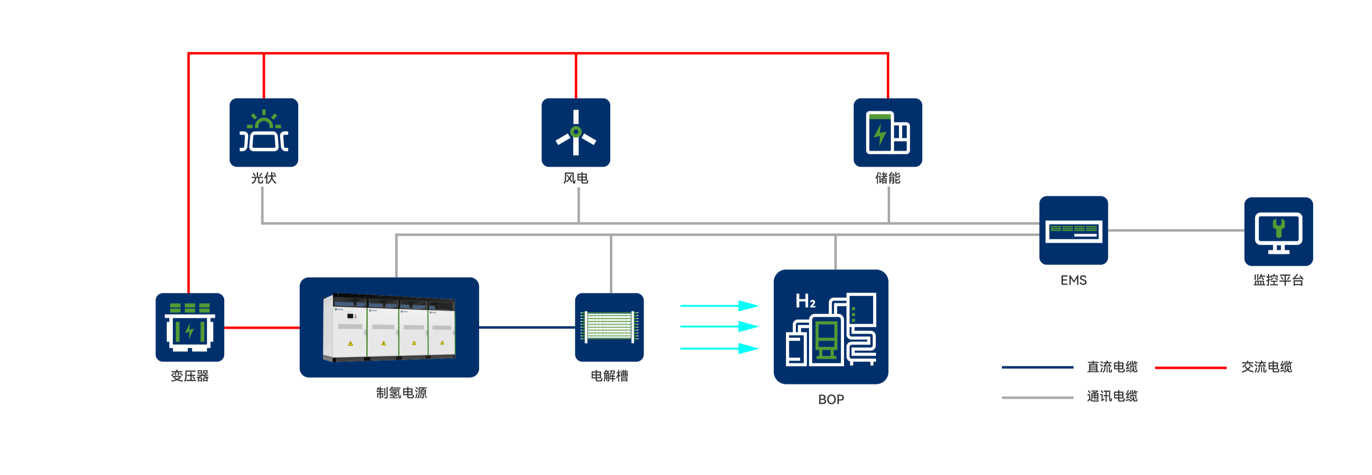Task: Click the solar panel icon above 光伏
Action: pyautogui.click(x=264, y=132)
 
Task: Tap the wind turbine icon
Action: pyautogui.click(x=576, y=132)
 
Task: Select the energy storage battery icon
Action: pyautogui.click(x=887, y=132)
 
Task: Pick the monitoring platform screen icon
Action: pyautogui.click(x=1278, y=232)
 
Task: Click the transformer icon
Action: pyautogui.click(x=190, y=327)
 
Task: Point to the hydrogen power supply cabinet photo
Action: pyautogui.click(x=389, y=327)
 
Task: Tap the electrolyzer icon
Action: pyautogui.click(x=609, y=327)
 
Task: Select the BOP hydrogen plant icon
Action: pyautogui.click(x=831, y=327)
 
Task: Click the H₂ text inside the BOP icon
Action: pyautogui.click(x=805, y=301)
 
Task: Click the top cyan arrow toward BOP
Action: pyautogui.click(x=719, y=306)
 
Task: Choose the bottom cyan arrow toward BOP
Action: pyautogui.click(x=719, y=349)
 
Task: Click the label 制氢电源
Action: pyautogui.click(x=401, y=393)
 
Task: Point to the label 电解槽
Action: pyautogui.click(x=609, y=376)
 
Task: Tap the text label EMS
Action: pyautogui.click(x=1073, y=280)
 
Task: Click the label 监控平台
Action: pyautogui.click(x=1278, y=280)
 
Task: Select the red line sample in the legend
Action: pyautogui.click(x=1191, y=367)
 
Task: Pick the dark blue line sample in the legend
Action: pyautogui.click(x=1037, y=367)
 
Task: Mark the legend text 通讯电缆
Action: pyautogui.click(x=1112, y=396)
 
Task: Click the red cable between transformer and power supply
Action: pyautogui.click(x=261, y=327)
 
